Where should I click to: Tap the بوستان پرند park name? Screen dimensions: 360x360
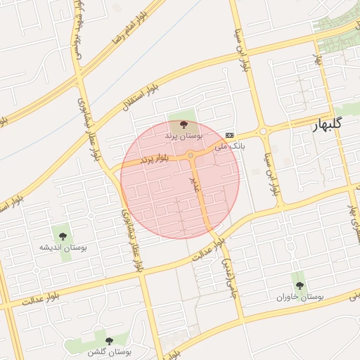pos(184,135)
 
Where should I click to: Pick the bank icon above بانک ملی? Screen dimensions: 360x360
pos(230,134)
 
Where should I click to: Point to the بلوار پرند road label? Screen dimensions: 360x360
pos(156,160)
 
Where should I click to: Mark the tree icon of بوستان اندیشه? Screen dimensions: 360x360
pos(63,236)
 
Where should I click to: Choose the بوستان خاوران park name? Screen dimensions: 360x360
pos(300,297)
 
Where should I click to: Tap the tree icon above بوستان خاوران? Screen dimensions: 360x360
pos(300,285)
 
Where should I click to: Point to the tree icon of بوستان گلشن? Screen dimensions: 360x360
pos(109,340)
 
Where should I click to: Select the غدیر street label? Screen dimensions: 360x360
pos(195,184)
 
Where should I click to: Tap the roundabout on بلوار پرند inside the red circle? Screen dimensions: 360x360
pos(191,155)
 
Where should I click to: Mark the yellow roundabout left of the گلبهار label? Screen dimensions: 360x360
pos(264,131)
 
